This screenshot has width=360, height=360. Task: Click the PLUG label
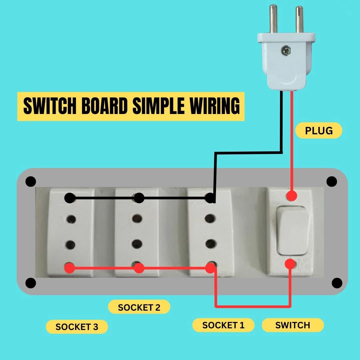319,130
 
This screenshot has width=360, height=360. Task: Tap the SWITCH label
293,325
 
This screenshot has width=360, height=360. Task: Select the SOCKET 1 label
223,325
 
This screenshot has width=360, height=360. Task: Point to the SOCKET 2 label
139,307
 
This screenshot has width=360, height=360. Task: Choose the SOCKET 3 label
77,327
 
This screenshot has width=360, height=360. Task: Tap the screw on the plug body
285,51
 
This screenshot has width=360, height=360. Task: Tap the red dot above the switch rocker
292,195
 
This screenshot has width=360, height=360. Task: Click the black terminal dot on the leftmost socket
69,198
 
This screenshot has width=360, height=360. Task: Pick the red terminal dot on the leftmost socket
69,268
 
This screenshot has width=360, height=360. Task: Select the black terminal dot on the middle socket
139,198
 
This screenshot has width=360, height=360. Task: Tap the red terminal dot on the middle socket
139,268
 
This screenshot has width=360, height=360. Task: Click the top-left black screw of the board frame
31,182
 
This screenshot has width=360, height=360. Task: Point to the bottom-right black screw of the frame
337,283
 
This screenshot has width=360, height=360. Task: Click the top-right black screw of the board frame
332,182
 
